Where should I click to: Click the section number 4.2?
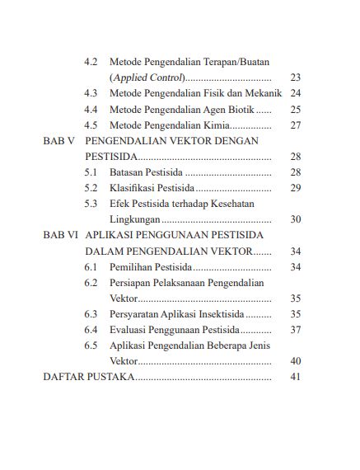[x=91, y=62]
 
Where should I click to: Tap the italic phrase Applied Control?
[x=146, y=78]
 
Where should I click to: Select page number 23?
[x=296, y=78]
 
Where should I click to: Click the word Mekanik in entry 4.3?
[x=262, y=93]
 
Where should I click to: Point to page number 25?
[x=296, y=109]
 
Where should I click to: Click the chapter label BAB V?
[x=59, y=141]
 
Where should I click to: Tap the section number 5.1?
[x=91, y=172]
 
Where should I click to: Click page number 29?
[x=296, y=188]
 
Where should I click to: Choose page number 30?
[x=296, y=219]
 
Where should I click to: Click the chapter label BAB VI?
[x=61, y=235]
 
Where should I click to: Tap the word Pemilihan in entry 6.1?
[x=133, y=267]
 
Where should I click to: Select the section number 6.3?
[x=91, y=314]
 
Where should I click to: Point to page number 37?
[x=296, y=330]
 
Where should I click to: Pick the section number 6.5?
[x=91, y=345]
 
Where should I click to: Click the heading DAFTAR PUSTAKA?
[x=88, y=377]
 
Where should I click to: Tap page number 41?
[x=296, y=377]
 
